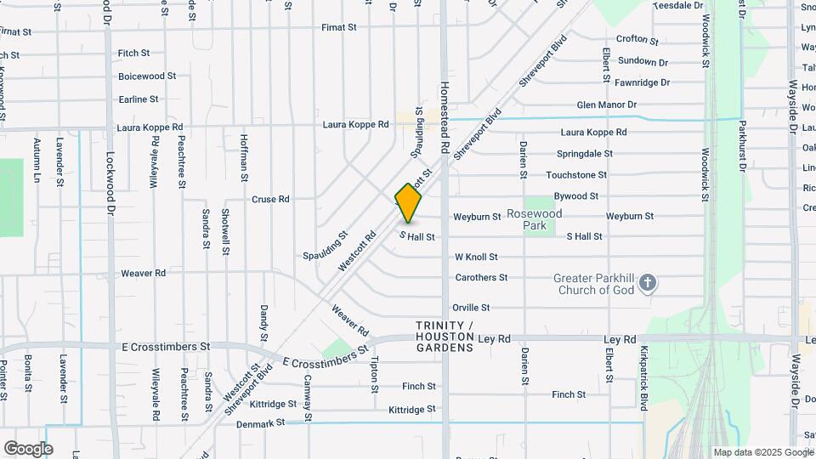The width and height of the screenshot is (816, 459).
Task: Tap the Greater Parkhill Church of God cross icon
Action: coord(648,283)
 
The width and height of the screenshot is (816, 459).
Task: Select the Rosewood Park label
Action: coord(535,220)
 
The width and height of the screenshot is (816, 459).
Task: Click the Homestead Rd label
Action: coord(444,116)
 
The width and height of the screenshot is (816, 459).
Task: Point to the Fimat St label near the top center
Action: coord(338,27)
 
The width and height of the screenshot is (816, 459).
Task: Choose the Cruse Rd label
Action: coord(270,200)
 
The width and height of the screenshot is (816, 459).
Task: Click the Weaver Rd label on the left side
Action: coord(143,273)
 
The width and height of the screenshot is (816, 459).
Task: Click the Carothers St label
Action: coord(481,278)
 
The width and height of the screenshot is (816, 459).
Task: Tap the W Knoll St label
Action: coord(476,257)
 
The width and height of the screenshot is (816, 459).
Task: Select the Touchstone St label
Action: coord(576,175)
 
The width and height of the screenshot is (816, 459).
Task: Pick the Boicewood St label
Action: coord(147,76)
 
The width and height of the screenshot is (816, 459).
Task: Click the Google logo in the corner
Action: coord(28,448)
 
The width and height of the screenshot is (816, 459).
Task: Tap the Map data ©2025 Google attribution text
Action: coord(763,452)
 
